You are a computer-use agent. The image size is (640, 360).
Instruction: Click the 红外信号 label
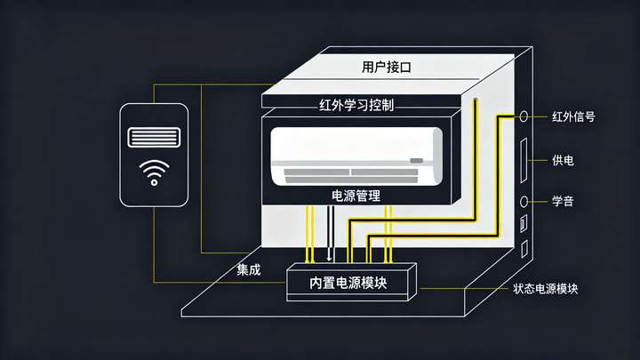point(572,116)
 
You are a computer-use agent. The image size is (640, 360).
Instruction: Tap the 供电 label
point(563,160)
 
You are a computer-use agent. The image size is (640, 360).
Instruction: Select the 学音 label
point(563,201)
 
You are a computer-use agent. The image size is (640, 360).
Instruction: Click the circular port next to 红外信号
point(524,116)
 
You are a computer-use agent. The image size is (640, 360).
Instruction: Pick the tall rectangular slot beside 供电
point(524,160)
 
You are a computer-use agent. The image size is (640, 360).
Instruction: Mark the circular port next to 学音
point(524,201)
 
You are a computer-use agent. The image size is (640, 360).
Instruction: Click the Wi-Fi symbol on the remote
point(155,170)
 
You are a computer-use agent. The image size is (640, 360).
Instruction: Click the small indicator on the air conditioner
point(416,161)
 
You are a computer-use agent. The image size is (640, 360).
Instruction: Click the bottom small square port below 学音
point(524,250)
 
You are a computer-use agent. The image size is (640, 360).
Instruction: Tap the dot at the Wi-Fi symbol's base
point(155,182)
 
